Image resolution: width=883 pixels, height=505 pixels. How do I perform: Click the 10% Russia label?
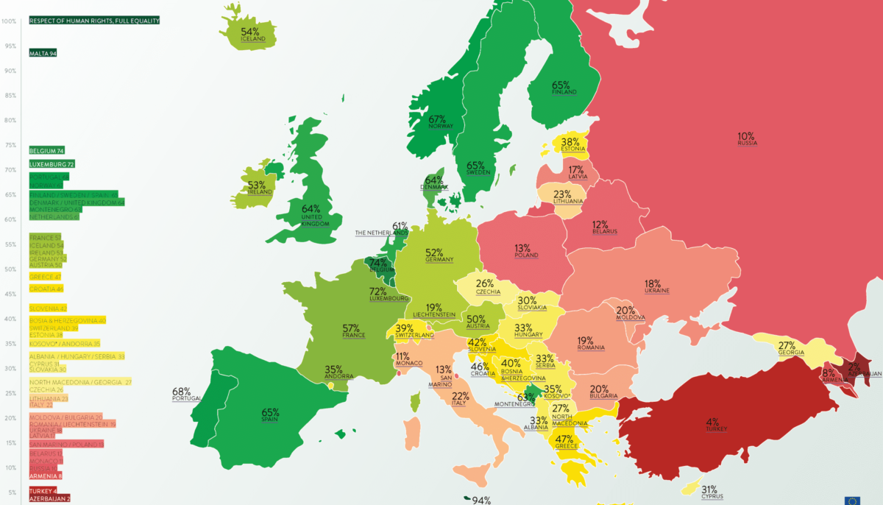tap(747, 139)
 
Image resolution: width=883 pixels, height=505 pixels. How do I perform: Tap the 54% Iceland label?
tap(249, 35)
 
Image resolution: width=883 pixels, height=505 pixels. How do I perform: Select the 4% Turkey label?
tap(712, 425)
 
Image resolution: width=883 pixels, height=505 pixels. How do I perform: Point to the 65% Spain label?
tap(270, 416)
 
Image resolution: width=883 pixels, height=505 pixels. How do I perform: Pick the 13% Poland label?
tap(526, 251)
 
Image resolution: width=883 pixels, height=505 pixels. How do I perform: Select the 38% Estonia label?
tap(571, 145)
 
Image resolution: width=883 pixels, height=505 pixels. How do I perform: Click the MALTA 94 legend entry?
tap(43, 54)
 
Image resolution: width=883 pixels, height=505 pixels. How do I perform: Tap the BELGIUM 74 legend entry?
tap(46, 150)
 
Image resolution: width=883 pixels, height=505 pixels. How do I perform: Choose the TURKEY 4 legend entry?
tap(43, 491)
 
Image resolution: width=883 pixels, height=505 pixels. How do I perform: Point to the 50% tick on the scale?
tap(10, 269)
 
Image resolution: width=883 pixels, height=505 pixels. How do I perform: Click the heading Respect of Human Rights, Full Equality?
tap(94, 21)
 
